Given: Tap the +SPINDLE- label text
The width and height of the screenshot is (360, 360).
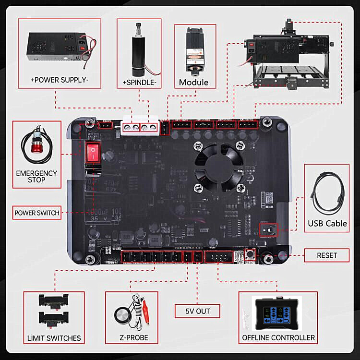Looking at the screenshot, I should click(140, 82).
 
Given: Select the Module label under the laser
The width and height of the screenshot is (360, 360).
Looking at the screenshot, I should click(193, 82).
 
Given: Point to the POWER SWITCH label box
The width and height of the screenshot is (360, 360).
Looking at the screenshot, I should click(37, 213).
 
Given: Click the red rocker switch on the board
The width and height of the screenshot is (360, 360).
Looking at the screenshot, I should click(92, 153).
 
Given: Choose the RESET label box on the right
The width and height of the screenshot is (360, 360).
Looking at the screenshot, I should click(327, 256).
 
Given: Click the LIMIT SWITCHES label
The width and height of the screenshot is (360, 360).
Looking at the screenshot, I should click(54, 338).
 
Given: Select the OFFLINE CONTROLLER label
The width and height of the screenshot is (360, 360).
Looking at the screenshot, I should click(278, 338).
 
